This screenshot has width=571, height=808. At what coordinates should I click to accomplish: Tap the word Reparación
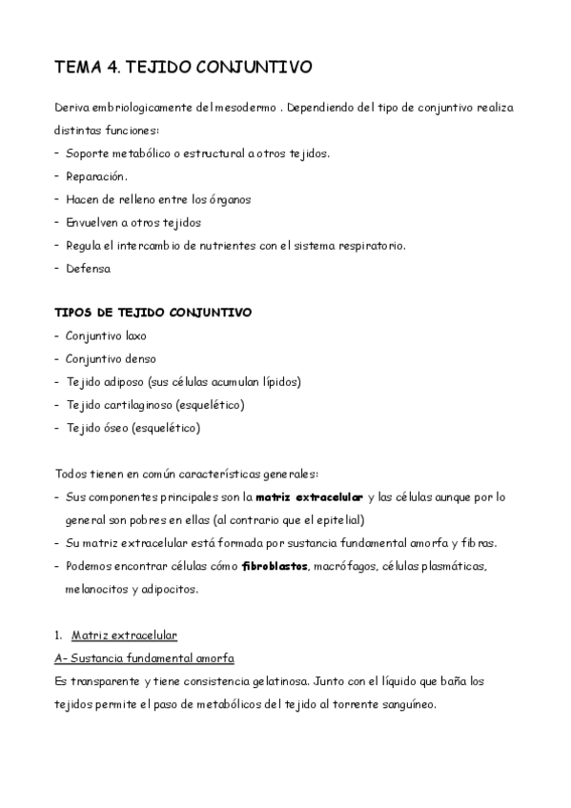(96, 176)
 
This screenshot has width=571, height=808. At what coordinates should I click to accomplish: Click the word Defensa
(89, 268)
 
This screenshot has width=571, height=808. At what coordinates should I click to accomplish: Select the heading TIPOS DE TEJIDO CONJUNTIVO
(153, 313)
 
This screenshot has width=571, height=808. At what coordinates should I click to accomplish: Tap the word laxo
(133, 335)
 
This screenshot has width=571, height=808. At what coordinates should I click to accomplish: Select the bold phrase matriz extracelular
(309, 497)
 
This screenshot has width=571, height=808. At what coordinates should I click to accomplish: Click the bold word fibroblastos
(275, 566)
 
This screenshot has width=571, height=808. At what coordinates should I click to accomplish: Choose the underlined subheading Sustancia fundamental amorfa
(151, 657)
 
